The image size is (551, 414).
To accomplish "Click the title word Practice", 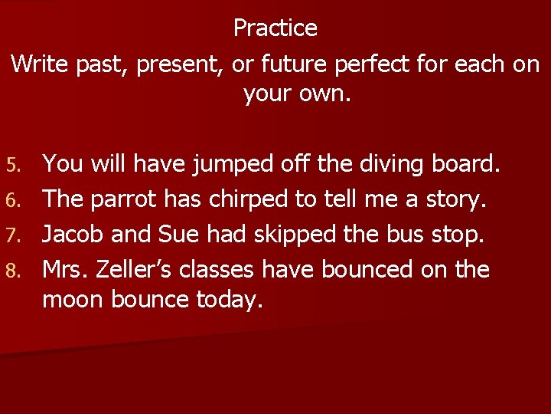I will coord(275,28).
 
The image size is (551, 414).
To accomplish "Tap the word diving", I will coord(369,164).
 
